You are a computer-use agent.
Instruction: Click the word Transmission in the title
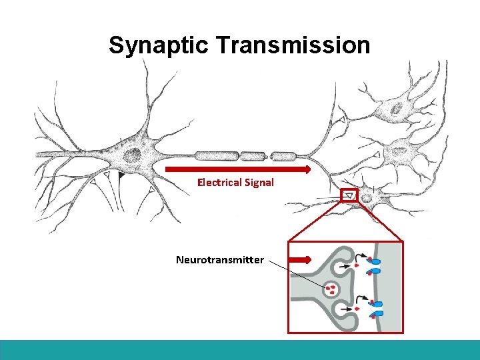click(x=293, y=45)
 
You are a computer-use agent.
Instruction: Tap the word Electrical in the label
click(x=220, y=182)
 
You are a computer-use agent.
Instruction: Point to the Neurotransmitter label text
click(x=219, y=259)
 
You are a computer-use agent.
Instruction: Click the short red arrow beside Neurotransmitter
click(x=301, y=259)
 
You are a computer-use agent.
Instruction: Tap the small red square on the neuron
click(x=349, y=195)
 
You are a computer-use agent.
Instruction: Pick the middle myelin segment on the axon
click(x=253, y=157)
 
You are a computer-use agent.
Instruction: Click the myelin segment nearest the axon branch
click(x=284, y=157)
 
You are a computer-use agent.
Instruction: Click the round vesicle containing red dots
click(x=331, y=289)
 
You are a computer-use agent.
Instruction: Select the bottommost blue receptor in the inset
click(x=377, y=313)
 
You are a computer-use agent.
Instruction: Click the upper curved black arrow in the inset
click(x=361, y=257)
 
